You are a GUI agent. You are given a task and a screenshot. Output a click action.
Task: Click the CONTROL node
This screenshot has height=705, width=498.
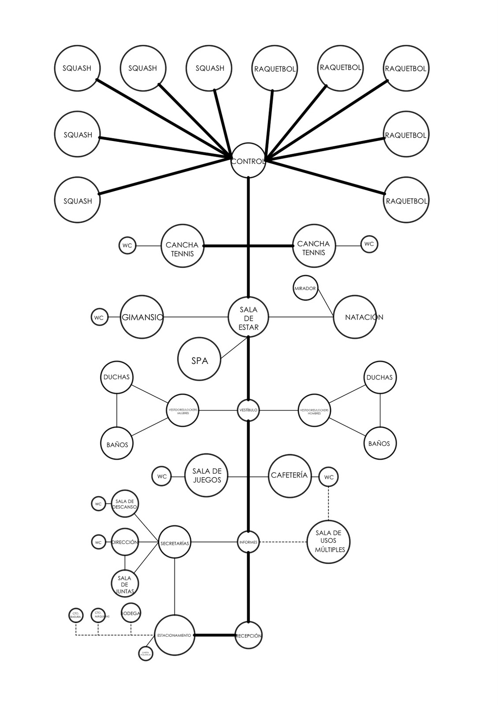click(249, 160)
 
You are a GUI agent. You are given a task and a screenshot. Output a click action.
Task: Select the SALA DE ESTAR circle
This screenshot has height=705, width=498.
click(249, 316)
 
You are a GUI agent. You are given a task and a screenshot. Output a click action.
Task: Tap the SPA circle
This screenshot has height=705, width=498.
click(199, 360)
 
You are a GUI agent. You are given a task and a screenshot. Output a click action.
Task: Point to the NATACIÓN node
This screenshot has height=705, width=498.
click(355, 317)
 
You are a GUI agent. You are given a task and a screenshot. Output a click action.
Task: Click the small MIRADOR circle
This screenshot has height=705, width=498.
click(305, 289)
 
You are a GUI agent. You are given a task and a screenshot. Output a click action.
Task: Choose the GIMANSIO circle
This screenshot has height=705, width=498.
click(141, 317)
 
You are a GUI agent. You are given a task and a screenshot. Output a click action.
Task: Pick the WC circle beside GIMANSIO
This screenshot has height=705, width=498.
click(100, 317)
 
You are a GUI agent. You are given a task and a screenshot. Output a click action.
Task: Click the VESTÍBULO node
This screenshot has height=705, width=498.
click(248, 410)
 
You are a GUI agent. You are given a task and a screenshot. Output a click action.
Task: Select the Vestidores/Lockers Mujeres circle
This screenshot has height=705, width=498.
click(182, 411)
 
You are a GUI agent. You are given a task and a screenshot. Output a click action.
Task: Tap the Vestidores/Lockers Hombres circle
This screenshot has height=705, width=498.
click(314, 411)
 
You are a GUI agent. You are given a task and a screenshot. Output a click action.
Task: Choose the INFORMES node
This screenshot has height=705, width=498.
click(248, 542)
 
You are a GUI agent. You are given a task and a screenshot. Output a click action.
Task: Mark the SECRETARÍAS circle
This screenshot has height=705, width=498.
click(175, 542)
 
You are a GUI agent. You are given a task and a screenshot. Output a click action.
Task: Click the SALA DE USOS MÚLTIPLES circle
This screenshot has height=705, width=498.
click(329, 542)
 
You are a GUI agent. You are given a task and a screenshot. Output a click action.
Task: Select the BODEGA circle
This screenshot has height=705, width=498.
click(131, 613)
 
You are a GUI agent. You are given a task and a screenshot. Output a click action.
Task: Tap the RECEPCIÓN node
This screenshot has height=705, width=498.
click(249, 635)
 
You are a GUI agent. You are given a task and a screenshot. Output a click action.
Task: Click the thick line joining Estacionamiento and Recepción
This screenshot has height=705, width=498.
click(215, 635)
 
